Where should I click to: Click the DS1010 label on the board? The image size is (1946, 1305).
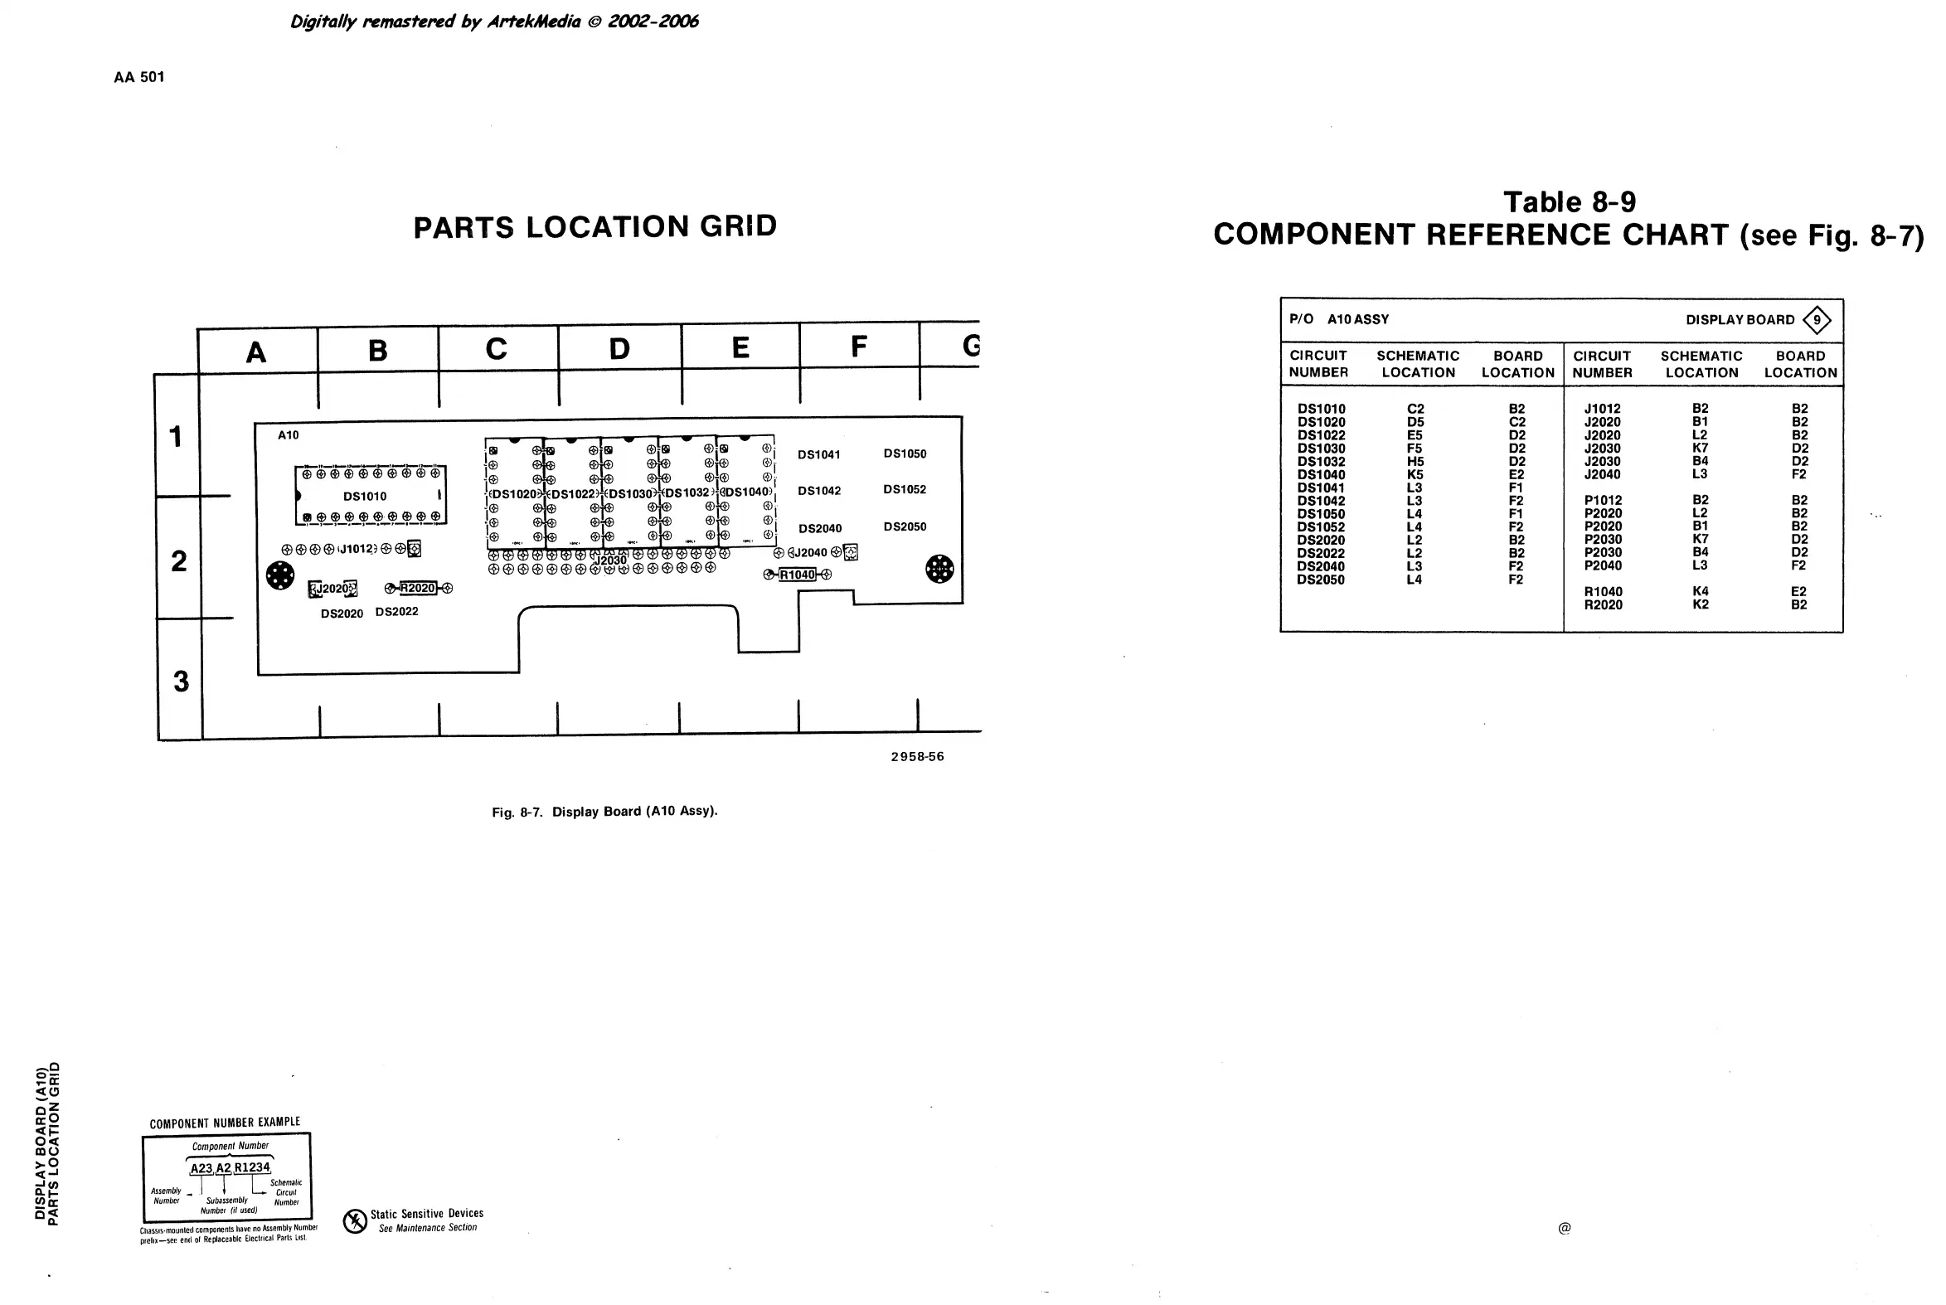[x=365, y=496]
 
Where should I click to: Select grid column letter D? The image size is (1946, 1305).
[x=619, y=349]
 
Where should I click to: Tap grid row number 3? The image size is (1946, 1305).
[x=181, y=682]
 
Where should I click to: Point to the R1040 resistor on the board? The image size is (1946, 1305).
[x=798, y=575]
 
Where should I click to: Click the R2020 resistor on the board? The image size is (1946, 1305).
[x=418, y=589]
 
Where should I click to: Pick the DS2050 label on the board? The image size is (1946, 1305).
[x=905, y=526]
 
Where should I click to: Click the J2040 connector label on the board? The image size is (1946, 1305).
[x=809, y=553]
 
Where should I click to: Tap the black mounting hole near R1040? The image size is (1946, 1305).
[x=939, y=570]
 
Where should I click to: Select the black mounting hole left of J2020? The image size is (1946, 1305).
[x=279, y=575]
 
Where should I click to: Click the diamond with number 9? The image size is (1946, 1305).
[x=1816, y=319]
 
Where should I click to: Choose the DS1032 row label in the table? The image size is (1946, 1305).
[x=1321, y=462]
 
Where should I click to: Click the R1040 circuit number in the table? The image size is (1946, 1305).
[x=1602, y=592]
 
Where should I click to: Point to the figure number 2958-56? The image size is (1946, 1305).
[x=917, y=756]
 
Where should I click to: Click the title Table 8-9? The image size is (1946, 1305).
[x=1569, y=202]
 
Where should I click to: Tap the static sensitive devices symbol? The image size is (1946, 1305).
[x=356, y=1221]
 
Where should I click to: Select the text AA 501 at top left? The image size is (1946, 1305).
[x=139, y=77]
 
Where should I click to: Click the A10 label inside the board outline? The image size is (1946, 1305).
[x=288, y=435]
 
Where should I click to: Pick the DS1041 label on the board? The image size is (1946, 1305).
[x=819, y=454]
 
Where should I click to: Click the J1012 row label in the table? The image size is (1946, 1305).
[x=1601, y=409]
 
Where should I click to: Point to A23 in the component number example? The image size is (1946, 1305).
[x=201, y=1167]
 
